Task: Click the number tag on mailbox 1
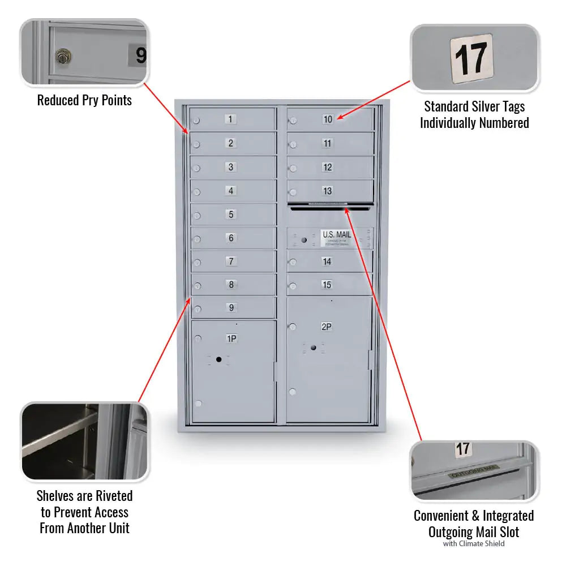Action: coord(230,119)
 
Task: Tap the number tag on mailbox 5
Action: coord(230,215)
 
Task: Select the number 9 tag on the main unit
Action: coord(231,308)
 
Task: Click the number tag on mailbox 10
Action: coord(328,119)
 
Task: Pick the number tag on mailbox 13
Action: coord(327,191)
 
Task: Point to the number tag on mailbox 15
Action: coord(327,285)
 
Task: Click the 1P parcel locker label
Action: coord(231,338)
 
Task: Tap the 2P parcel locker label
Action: coord(327,327)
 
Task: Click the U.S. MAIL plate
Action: coord(337,238)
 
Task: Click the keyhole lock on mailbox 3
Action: coord(196,168)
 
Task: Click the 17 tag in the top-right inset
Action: coord(471,58)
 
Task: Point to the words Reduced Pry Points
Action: coord(84,101)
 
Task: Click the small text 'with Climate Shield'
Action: coord(474,544)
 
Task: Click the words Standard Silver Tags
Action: coord(474,106)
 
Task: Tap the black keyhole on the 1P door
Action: coord(218,359)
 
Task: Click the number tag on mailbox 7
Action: coord(230,261)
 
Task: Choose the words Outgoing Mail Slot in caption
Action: coord(474,532)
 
